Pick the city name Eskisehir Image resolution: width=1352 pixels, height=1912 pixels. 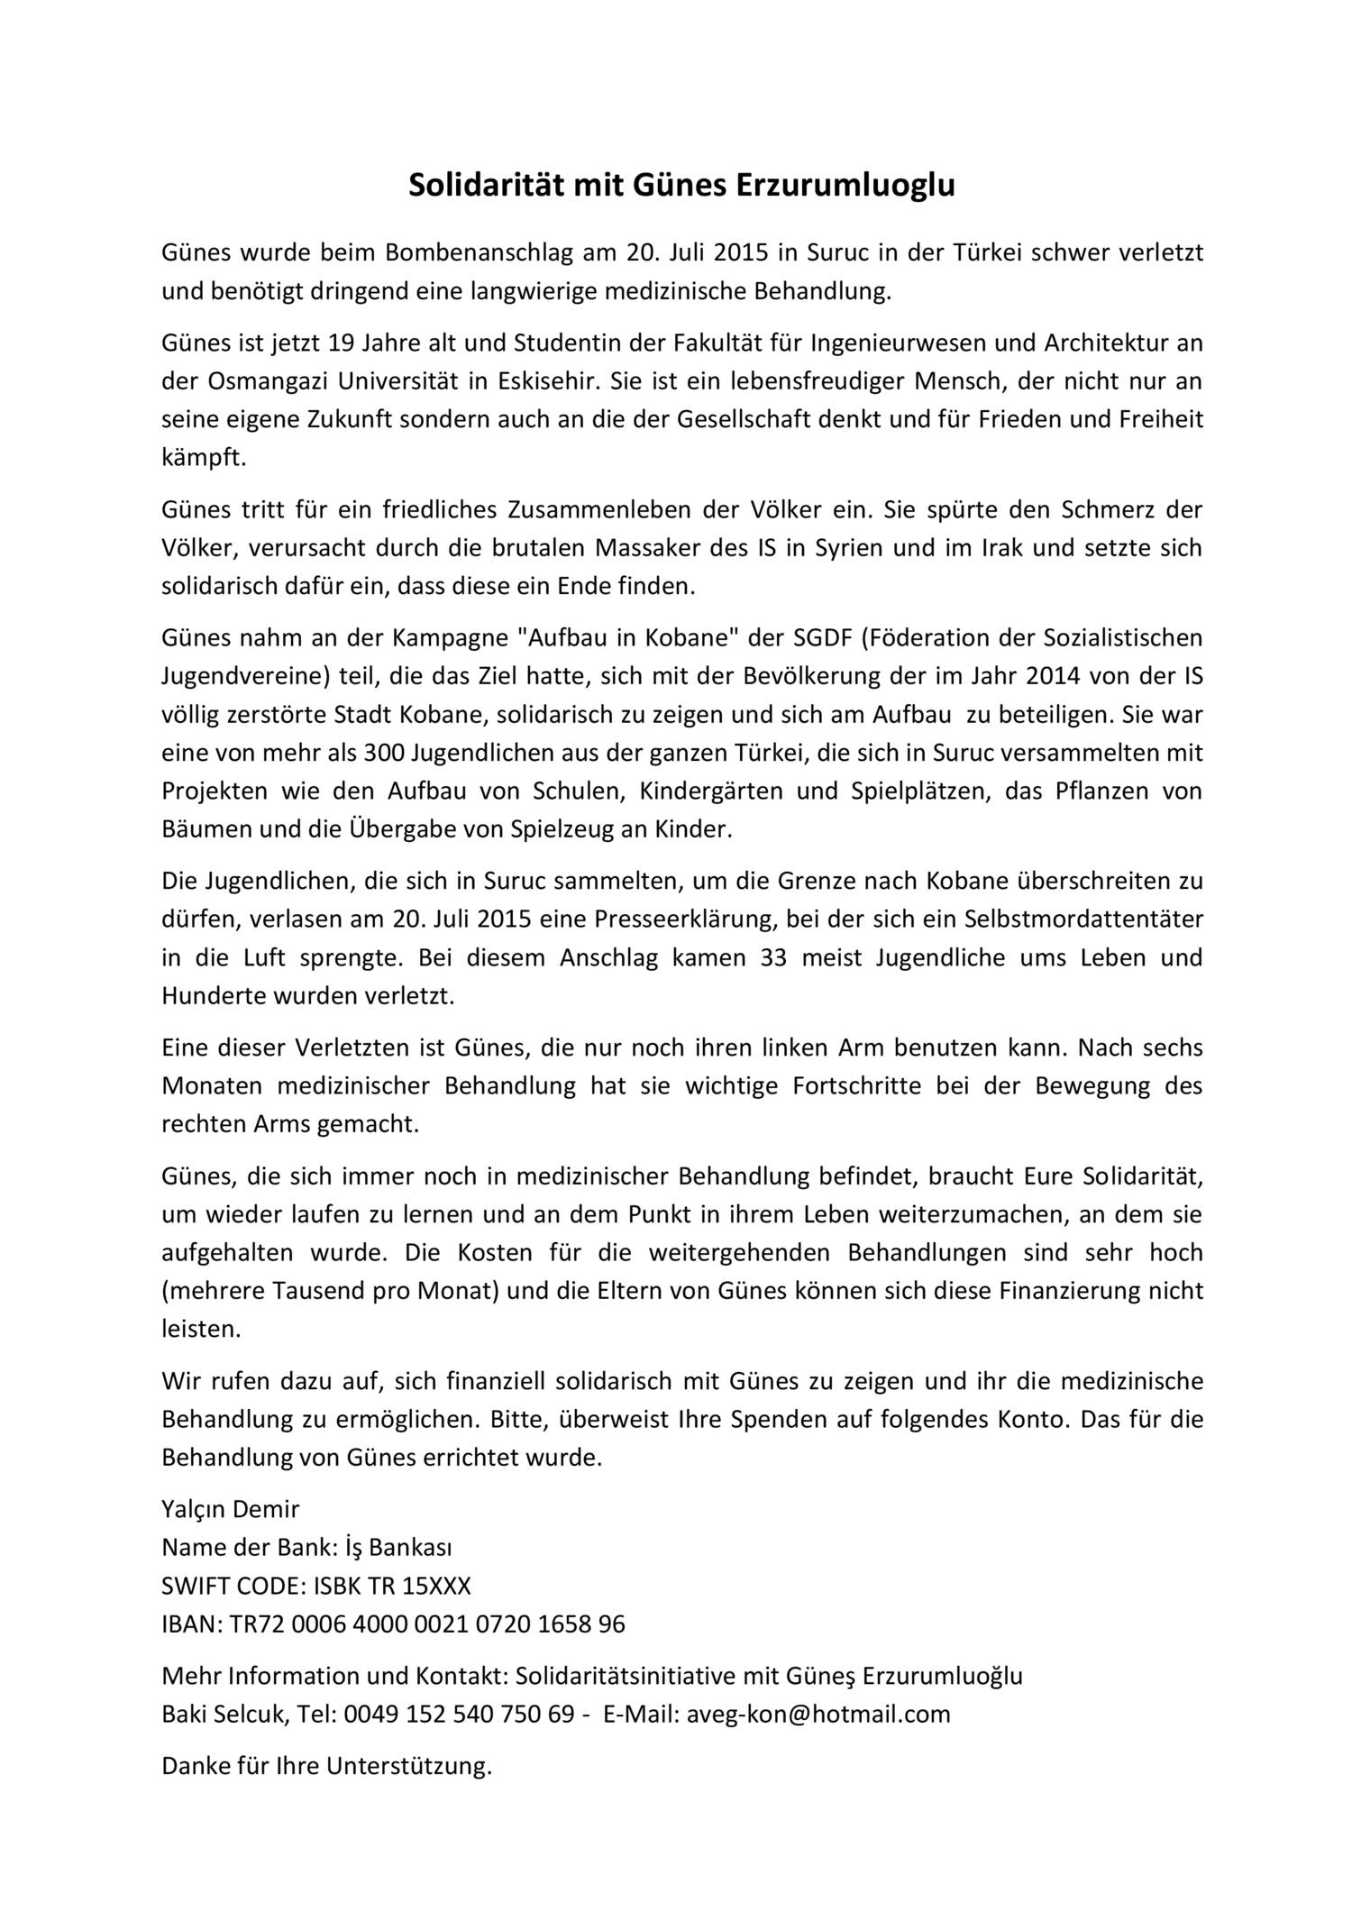547,380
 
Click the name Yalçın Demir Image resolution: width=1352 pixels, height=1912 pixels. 231,1509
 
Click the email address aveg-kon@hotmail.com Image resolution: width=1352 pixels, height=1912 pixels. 818,1714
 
